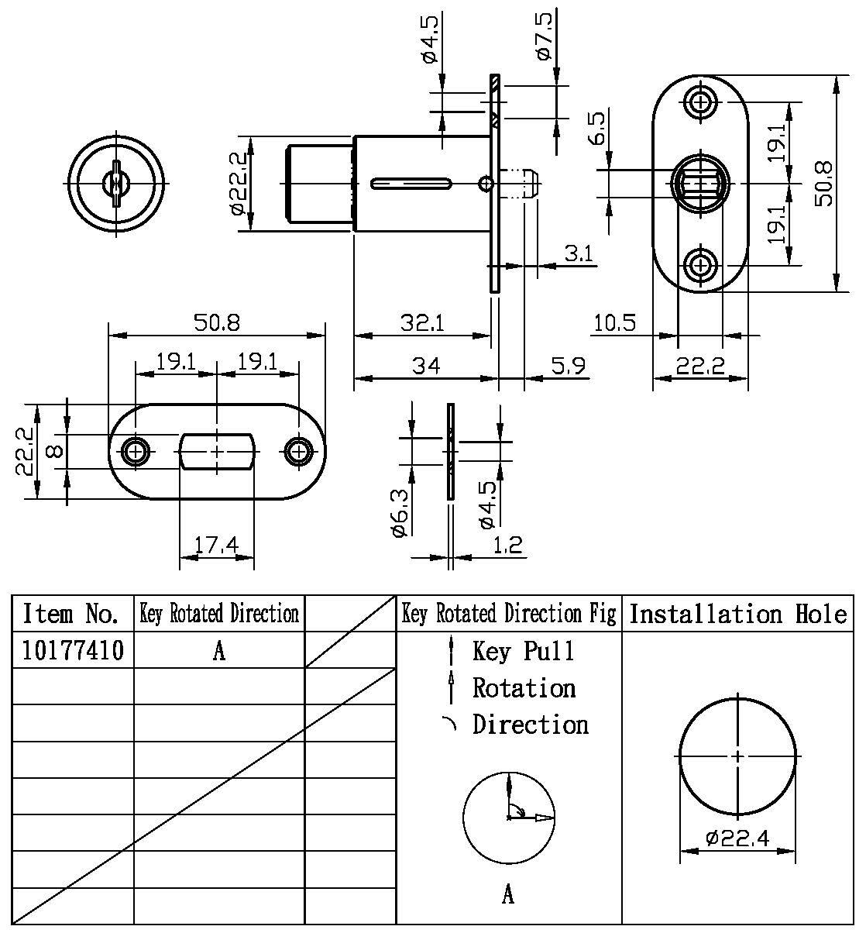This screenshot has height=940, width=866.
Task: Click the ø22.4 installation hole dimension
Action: click(x=737, y=838)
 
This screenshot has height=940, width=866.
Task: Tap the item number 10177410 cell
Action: click(x=73, y=650)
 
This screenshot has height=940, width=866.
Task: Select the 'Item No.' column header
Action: click(x=71, y=615)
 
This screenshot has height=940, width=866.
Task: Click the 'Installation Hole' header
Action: click(x=737, y=615)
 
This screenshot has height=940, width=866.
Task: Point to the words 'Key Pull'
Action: click(x=524, y=651)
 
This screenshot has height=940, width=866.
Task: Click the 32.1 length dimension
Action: click(x=421, y=322)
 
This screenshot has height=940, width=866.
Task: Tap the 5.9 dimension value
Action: click(x=568, y=365)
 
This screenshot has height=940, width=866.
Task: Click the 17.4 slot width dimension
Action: click(x=215, y=546)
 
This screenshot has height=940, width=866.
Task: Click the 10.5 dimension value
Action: click(x=615, y=322)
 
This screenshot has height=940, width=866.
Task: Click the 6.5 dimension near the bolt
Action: click(x=597, y=129)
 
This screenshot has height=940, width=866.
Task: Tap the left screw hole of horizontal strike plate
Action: click(x=136, y=450)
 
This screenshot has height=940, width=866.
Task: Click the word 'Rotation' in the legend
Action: click(x=524, y=687)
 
